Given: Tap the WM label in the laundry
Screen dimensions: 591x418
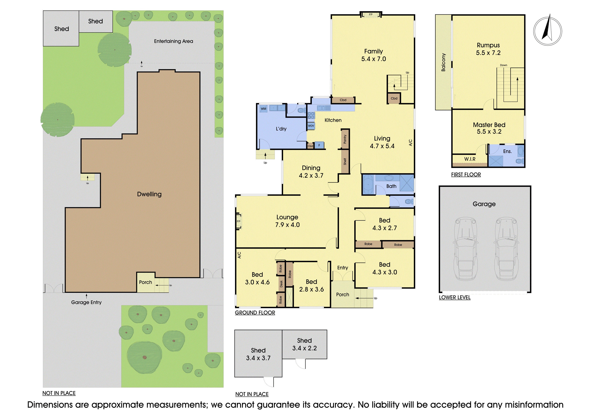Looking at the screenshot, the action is pos(264,109).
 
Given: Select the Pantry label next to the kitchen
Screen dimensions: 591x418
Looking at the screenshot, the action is pos(345,139).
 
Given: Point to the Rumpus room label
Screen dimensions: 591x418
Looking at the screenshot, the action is pos(488,49).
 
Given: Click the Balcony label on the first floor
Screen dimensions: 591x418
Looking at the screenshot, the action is pos(443,62).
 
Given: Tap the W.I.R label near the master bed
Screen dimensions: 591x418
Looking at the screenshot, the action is pos(470,159).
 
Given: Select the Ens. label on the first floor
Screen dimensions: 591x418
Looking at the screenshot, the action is pos(507,151).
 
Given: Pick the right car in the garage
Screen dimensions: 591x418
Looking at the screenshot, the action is pos(506,249).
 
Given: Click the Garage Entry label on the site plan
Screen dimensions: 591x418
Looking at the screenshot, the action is pos(86,302).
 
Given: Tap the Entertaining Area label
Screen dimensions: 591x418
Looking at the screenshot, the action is pos(174,41).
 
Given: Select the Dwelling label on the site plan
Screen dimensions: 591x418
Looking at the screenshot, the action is pos(149,194).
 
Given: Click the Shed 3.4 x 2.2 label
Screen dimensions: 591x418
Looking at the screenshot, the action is pos(304,344).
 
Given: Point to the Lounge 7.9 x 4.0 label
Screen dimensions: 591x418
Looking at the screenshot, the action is pos(287,221).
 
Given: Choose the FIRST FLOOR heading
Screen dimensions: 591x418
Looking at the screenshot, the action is pos(466,175).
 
